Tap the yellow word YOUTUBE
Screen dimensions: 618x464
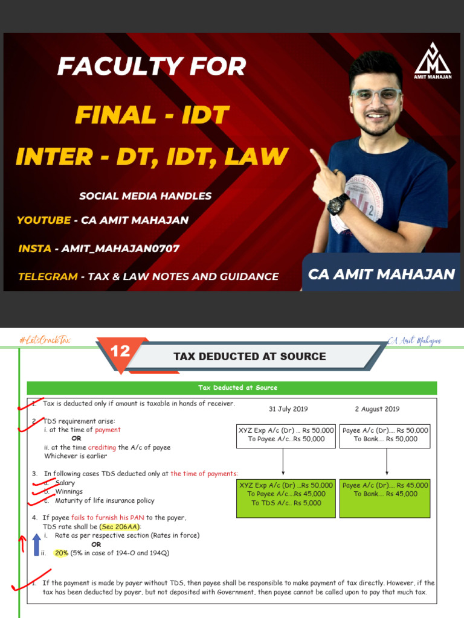[x=43, y=220]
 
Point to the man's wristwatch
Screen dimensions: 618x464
[x=338, y=203]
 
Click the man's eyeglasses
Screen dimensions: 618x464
[x=376, y=95]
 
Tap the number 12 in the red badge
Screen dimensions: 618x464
[x=120, y=351]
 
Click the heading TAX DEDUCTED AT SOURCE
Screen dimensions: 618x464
[x=250, y=356]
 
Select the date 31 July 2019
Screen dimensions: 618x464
[x=288, y=409]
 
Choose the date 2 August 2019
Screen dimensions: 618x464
[x=377, y=409]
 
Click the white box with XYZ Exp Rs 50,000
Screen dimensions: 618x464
[x=286, y=435]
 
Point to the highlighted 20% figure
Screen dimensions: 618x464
[x=61, y=553]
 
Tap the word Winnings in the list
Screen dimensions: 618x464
[x=69, y=492]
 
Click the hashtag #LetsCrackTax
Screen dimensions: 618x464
[x=45, y=340]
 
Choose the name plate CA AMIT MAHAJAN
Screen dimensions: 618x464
[x=381, y=274]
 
